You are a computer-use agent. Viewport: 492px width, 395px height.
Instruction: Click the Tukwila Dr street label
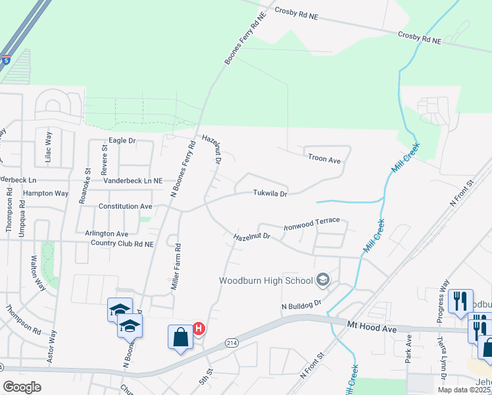click(x=271, y=194)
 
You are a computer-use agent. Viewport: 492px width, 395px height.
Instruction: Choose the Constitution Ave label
click(x=124, y=206)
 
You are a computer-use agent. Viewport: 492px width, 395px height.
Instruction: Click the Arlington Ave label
click(x=107, y=233)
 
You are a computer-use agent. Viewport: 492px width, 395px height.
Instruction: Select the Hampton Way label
click(x=45, y=194)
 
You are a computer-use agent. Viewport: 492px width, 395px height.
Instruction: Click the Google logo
click(x=22, y=387)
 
